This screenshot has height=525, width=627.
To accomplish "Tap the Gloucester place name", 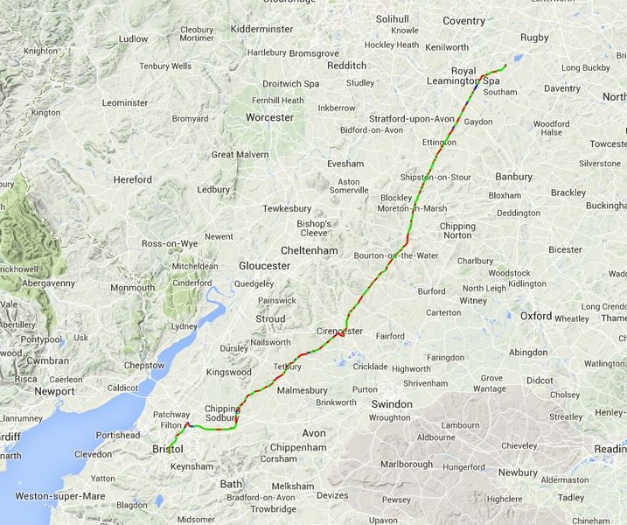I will tap(264, 265).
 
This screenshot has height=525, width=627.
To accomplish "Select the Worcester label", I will tap(269, 117).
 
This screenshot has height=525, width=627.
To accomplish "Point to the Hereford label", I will tap(132, 179).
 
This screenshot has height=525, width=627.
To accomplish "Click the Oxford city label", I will tap(536, 316).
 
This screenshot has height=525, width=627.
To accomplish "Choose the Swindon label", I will tap(391, 404).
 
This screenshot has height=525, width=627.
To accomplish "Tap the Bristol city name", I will tap(167, 449).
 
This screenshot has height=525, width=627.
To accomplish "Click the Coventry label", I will tap(463, 21).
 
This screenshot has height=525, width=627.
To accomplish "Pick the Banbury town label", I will tap(513, 177).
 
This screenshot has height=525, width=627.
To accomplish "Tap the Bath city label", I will tap(231, 484).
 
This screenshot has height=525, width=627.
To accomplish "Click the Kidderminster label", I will tap(261, 29).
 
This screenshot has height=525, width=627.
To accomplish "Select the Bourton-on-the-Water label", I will tap(396, 255).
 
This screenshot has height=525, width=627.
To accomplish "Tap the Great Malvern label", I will tap(240, 155).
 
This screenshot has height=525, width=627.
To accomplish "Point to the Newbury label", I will tap(518, 472).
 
